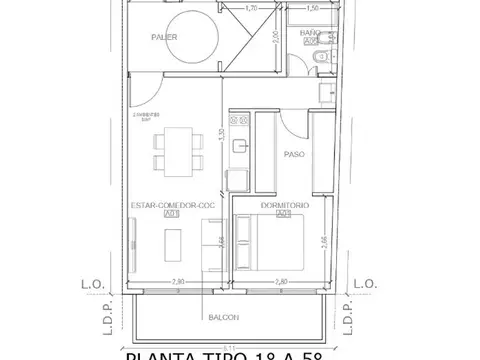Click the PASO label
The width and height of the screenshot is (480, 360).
295,155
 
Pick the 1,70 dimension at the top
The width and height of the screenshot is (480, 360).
251,9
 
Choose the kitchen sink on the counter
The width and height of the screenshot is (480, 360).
239,147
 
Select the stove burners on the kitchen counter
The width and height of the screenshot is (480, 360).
237,120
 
